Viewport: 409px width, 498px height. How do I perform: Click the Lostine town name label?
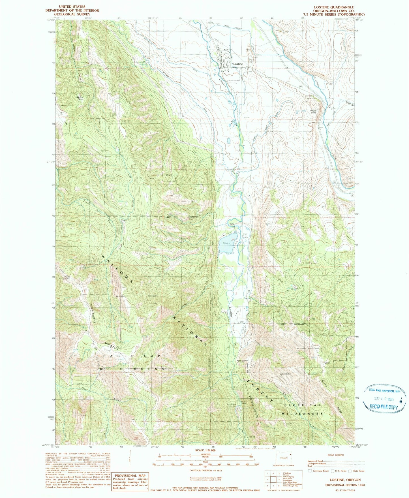238,64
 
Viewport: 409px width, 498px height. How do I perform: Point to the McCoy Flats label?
80,99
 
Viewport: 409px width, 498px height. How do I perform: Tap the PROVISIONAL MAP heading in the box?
130,475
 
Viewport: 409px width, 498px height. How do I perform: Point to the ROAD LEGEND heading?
336,455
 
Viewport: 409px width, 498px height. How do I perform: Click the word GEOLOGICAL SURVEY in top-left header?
72,14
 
